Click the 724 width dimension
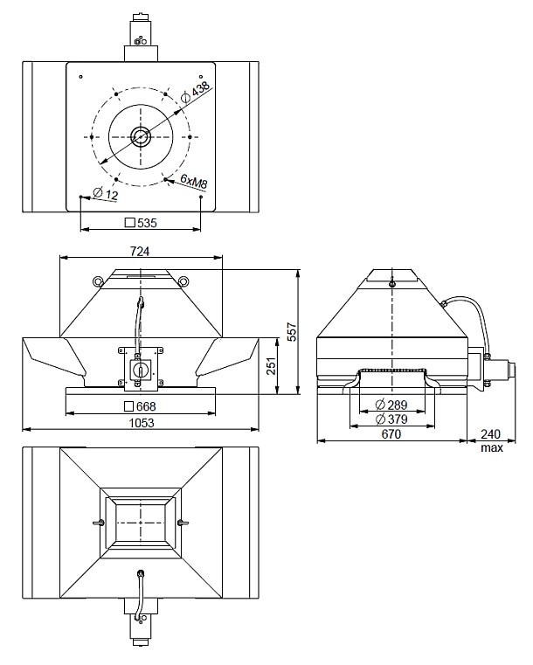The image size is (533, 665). click(141, 252)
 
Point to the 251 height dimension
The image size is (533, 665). click(271, 368)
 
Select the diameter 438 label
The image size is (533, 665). click(198, 90)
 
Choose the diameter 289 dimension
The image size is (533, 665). click(392, 405)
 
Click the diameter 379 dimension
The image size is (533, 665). click(392, 419)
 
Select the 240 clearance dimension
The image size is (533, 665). click(491, 434)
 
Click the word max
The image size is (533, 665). click(491, 448)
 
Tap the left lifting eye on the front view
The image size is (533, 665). click(97, 281)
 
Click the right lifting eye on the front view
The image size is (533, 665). click(183, 281)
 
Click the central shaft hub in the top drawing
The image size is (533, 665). click(140, 136)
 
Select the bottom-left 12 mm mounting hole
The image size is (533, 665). click(80, 197)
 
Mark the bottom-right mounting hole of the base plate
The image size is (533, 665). click(201, 197)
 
